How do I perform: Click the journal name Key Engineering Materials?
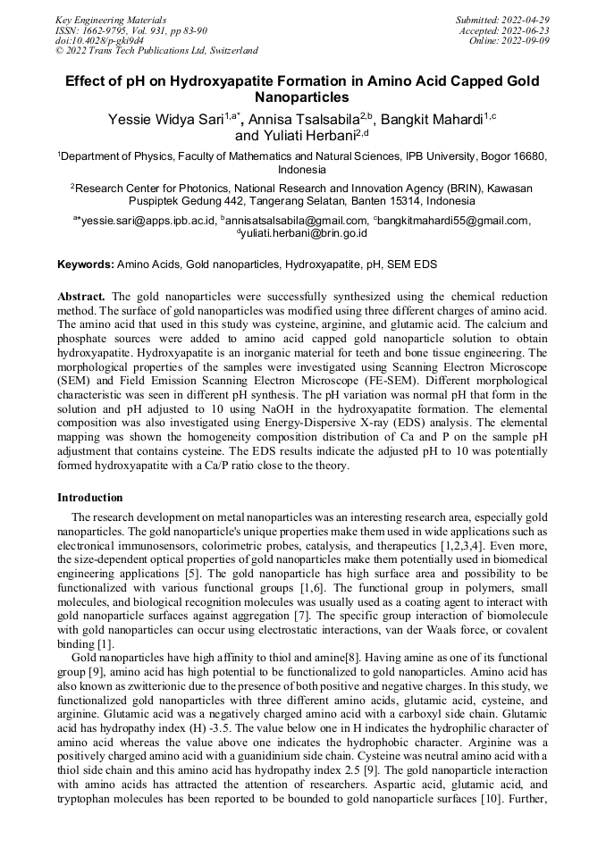110,19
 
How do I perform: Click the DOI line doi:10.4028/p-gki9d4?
99,40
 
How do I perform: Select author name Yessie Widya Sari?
165,119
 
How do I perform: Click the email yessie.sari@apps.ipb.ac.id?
148,221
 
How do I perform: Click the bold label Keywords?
86,265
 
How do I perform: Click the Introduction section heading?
90,498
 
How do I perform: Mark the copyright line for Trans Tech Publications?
156,51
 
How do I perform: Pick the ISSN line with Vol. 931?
131,29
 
